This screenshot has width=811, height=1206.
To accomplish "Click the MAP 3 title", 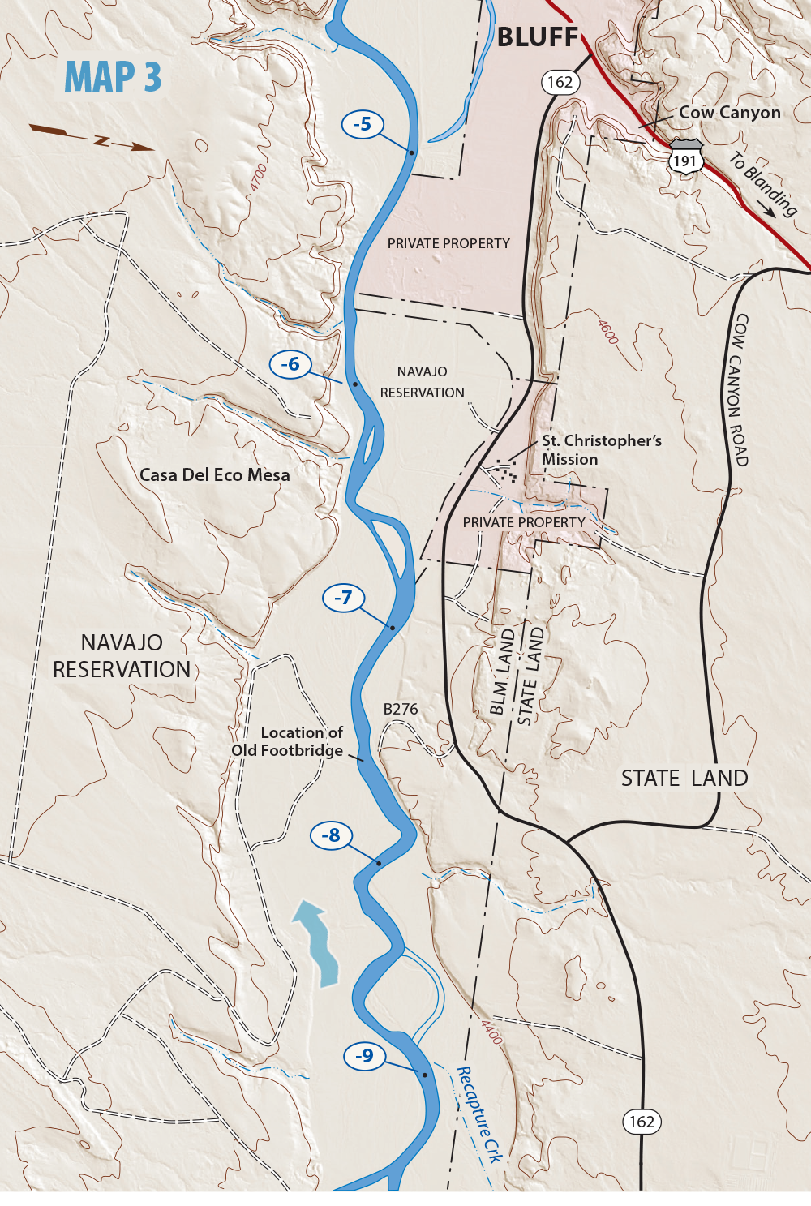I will click(113, 78).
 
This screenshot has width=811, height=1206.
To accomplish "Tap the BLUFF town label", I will click(538, 37).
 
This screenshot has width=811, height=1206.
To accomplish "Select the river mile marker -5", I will click(363, 124).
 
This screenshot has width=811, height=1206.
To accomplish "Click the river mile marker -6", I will click(290, 364).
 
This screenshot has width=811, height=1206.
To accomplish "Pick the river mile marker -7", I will click(343, 598).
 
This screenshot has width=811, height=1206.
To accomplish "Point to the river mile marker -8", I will click(330, 835).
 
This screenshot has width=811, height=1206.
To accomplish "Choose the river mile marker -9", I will click(364, 1055).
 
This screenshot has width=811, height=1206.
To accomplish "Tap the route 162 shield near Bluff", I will click(560, 82).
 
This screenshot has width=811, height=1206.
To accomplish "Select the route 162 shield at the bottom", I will click(642, 1122).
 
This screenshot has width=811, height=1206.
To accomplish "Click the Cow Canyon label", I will click(730, 113).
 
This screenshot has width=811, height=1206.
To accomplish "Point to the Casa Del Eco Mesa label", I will click(214, 475).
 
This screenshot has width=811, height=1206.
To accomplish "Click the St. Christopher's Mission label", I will click(601, 450).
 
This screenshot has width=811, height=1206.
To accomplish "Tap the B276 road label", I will click(401, 709).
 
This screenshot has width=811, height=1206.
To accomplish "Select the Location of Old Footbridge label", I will click(288, 741).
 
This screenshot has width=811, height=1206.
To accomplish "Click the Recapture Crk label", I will click(479, 1116).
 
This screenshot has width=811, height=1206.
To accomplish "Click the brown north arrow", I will click(92, 139).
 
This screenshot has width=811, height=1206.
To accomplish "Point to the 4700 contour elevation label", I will click(258, 178).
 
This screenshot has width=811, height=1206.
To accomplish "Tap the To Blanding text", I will click(763, 186).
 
